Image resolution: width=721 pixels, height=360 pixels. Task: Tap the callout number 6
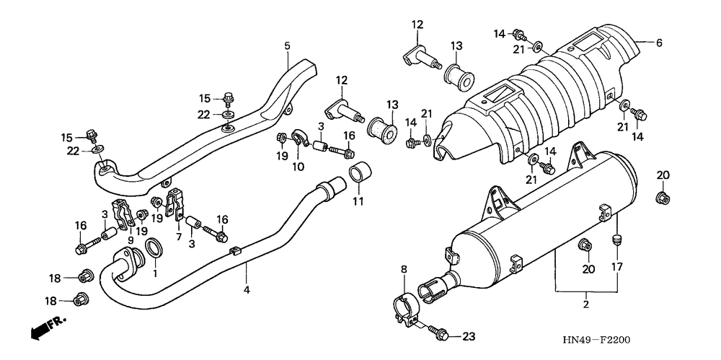(658, 43)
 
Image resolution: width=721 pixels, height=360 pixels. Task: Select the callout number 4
(247, 290)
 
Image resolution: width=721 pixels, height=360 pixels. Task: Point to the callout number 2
(586, 305)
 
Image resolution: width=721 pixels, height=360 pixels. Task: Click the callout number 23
(469, 335)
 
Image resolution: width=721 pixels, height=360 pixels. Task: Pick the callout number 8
(404, 270)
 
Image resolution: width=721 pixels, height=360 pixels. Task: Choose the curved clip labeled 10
(301, 138)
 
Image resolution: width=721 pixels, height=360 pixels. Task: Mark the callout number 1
(154, 273)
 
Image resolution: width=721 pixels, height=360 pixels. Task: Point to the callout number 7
(178, 235)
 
